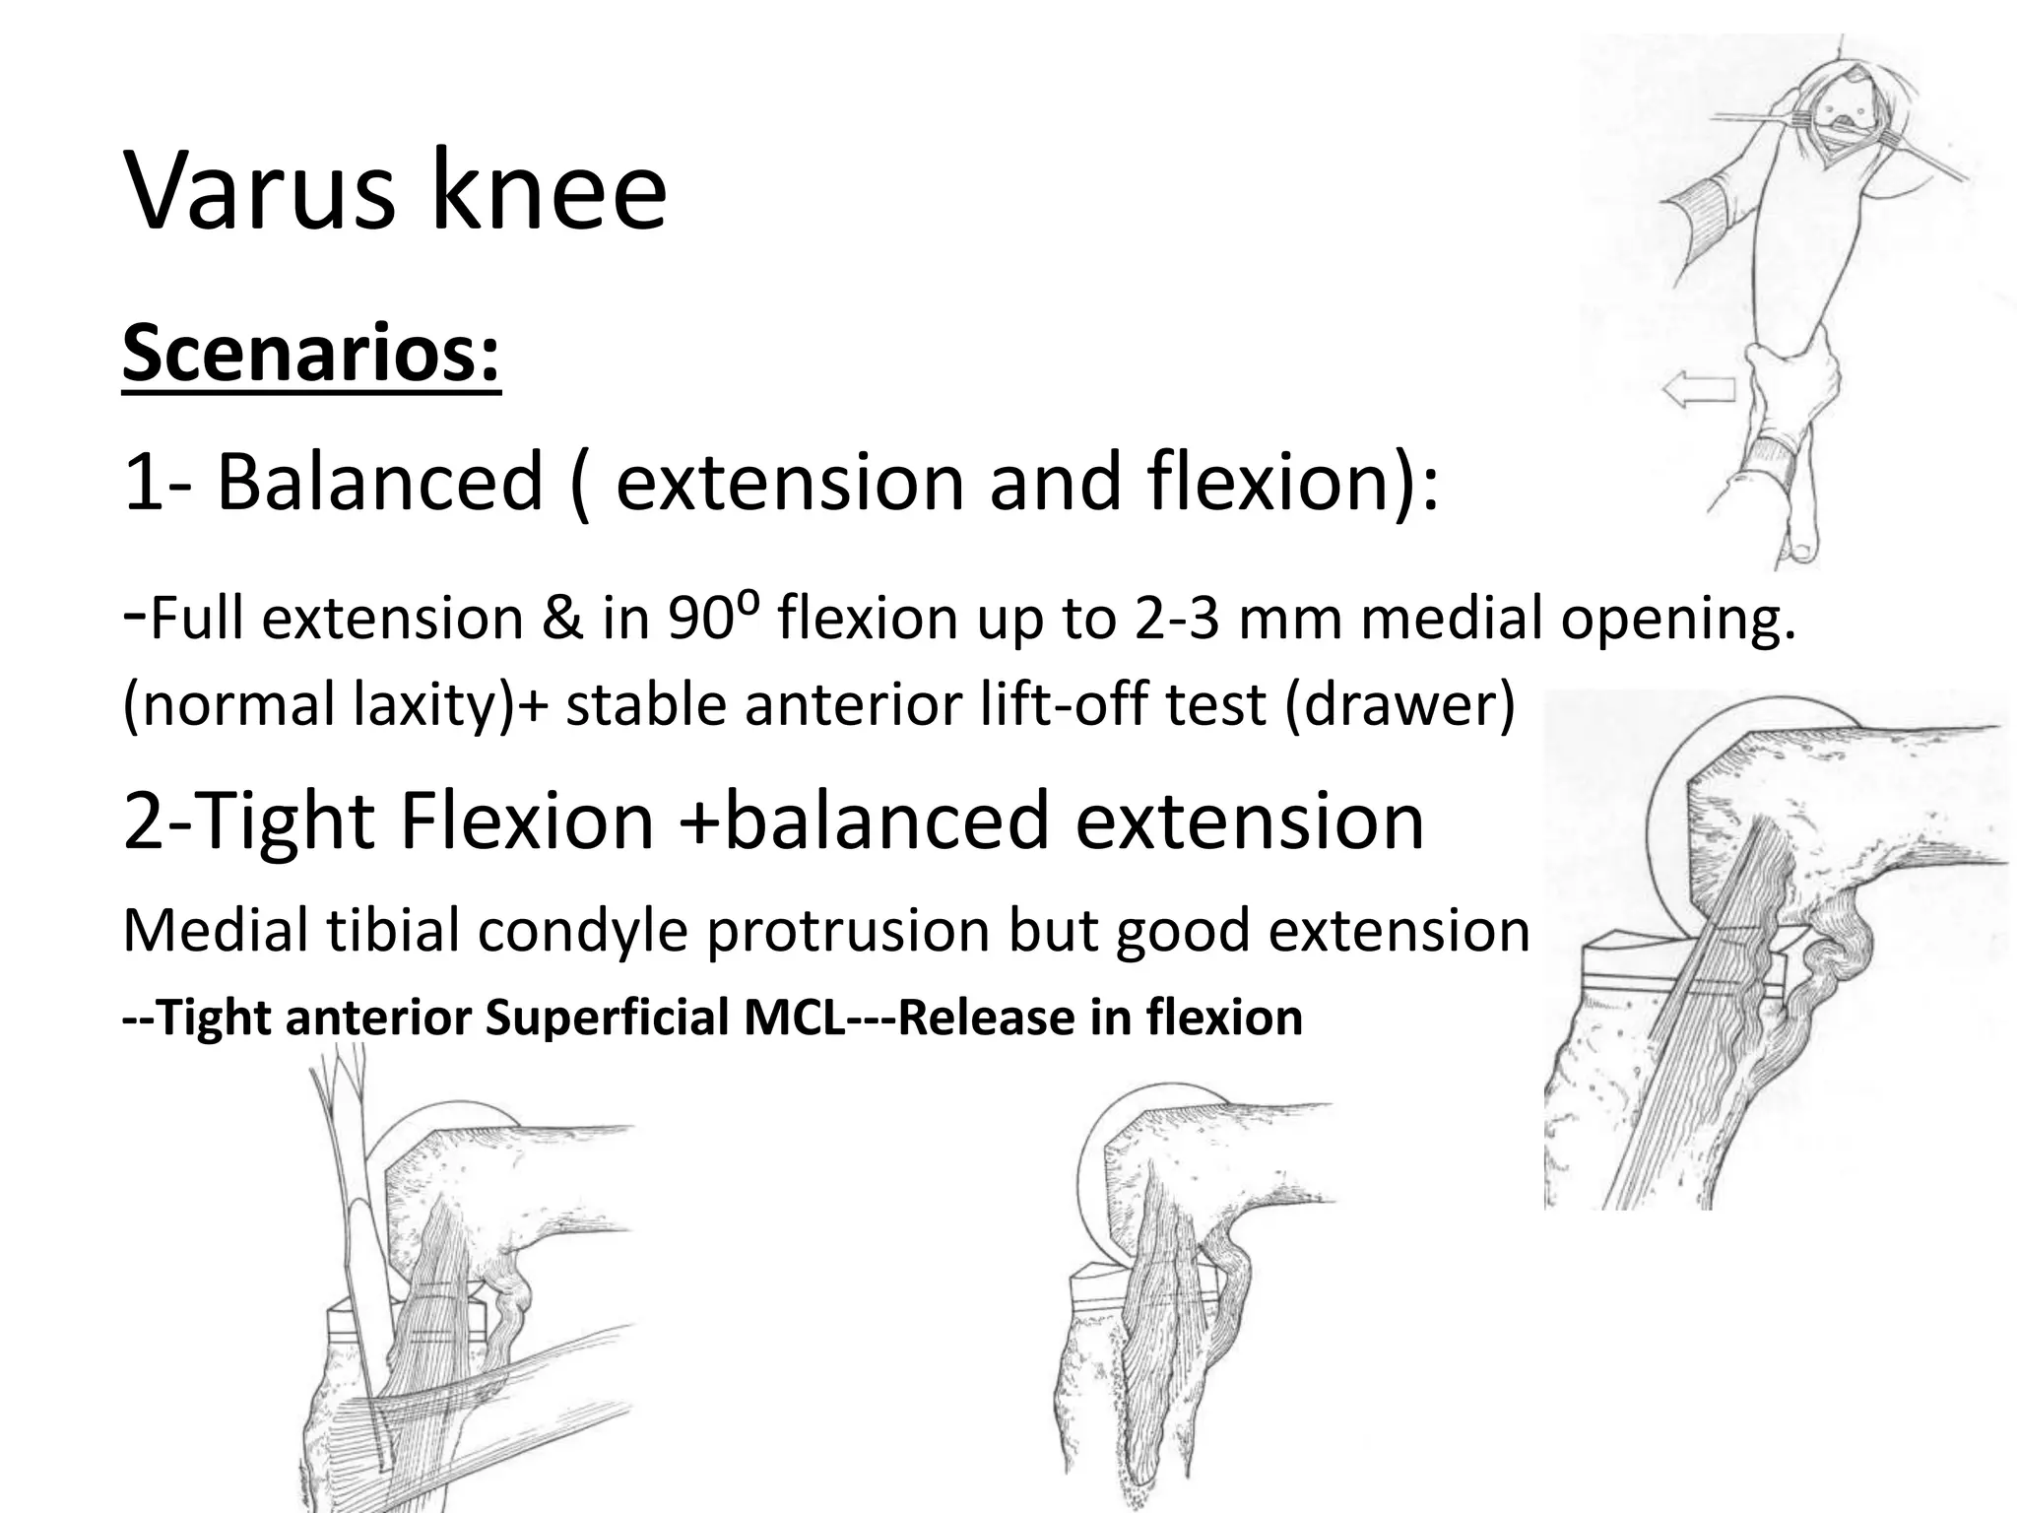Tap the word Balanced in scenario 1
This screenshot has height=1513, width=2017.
pos(379,482)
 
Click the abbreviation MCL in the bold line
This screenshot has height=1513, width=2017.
pos(795,1017)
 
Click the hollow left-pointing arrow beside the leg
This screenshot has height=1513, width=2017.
pos(1698,390)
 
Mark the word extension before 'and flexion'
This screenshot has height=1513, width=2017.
pos(790,482)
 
